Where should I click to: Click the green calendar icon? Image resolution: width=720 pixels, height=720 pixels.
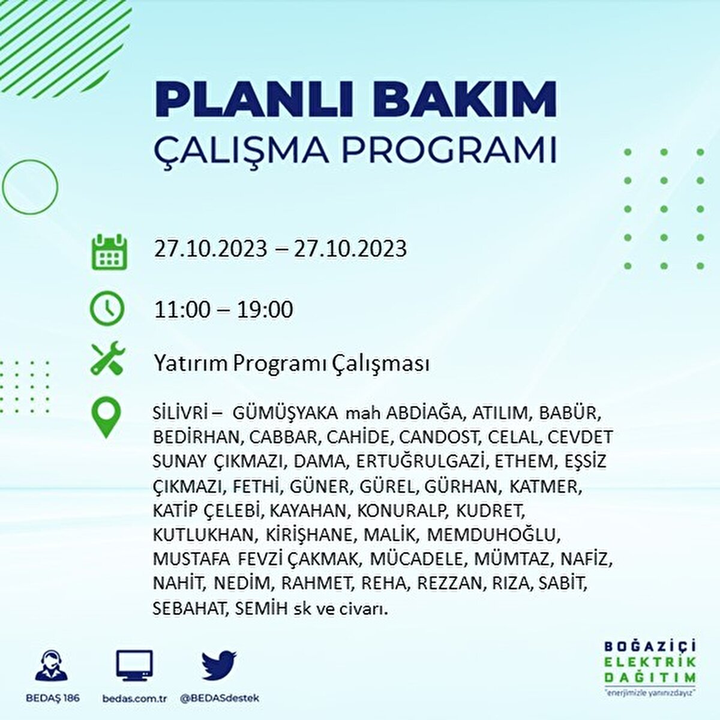109,252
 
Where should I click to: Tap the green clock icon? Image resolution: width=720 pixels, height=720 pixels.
107,309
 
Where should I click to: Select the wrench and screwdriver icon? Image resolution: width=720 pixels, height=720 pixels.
107,359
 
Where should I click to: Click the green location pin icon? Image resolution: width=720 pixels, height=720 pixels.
106,418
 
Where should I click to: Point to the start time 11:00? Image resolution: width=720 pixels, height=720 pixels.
182,310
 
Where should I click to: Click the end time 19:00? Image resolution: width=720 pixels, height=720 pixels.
265,310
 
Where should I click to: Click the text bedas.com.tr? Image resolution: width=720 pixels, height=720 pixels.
134,698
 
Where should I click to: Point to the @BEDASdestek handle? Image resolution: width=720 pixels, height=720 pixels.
220,698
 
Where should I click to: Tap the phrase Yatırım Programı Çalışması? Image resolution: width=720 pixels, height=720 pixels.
292,364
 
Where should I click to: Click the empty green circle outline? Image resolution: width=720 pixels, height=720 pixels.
30,187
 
